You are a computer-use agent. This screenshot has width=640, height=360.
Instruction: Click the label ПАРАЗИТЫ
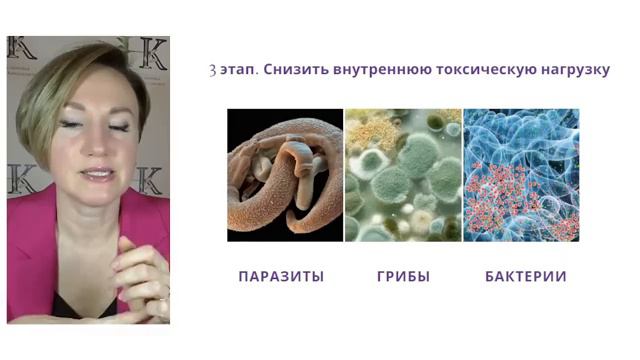(x=281, y=276)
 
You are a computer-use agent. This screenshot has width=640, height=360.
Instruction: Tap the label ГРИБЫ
(x=403, y=276)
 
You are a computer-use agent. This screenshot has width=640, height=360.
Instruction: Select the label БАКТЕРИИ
(x=525, y=276)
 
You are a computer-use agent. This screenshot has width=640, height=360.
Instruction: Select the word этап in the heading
(x=238, y=72)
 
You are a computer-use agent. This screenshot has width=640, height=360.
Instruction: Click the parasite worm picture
(x=285, y=175)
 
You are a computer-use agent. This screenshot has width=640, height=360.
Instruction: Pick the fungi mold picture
(x=403, y=175)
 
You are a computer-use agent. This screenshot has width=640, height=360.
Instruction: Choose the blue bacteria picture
(x=521, y=175)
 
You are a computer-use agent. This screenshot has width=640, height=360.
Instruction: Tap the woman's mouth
(x=98, y=174)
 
